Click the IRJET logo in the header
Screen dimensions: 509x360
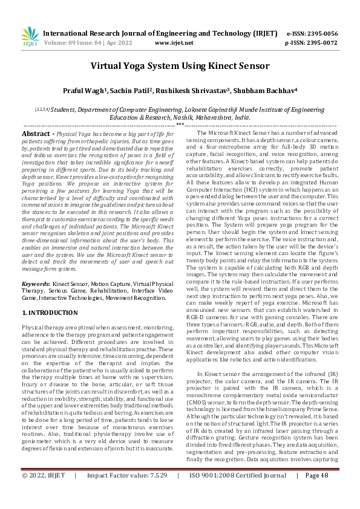pos(29,37)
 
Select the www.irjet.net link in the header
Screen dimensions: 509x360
pos(174,43)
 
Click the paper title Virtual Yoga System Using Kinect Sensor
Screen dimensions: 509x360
pos(180,67)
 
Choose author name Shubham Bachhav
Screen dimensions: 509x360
pos(271,91)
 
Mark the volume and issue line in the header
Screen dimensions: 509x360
pos(90,43)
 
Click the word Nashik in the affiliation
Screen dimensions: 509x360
pos(175,117)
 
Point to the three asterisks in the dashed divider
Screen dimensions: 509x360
pos(180,125)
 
